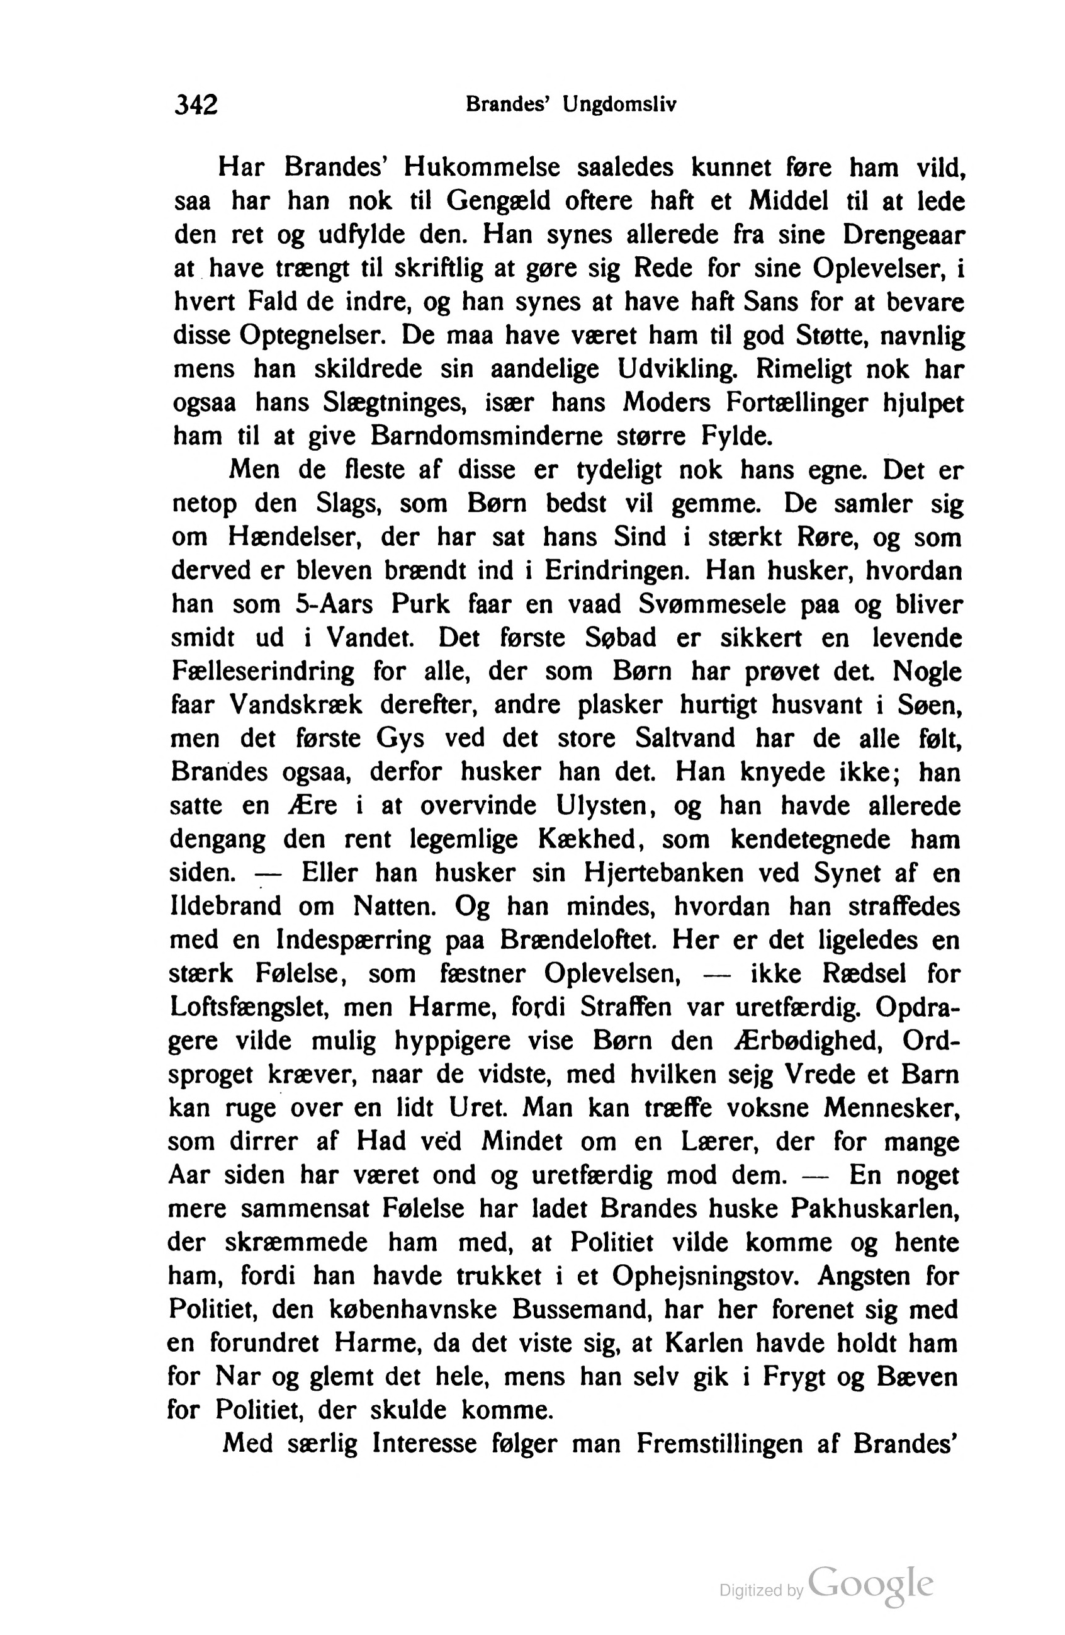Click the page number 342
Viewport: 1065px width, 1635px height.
(196, 105)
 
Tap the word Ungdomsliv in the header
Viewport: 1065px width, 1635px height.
(619, 105)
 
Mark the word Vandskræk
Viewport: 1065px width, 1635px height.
(295, 705)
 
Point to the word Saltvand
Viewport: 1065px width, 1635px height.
(685, 738)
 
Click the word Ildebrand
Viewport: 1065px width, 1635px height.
(226, 907)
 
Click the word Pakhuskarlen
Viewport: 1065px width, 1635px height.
(875, 1209)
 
